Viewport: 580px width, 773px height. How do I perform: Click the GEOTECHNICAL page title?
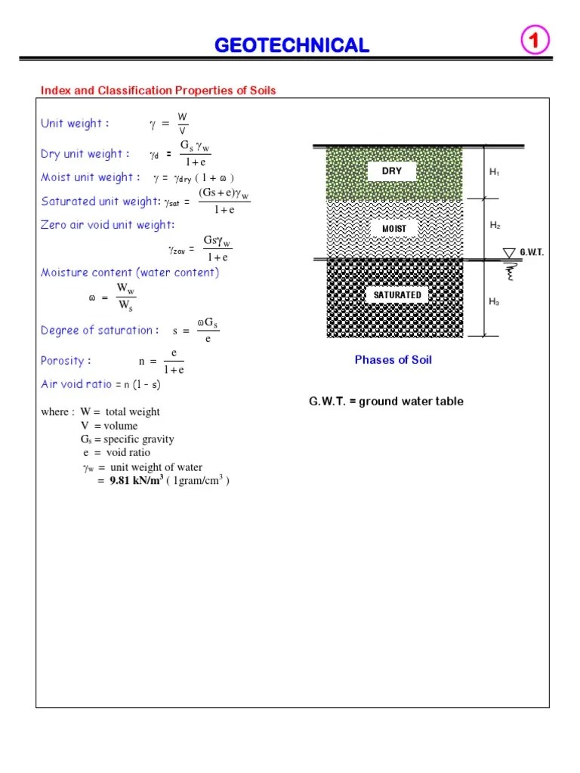292,45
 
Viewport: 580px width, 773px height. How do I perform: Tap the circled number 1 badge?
534,42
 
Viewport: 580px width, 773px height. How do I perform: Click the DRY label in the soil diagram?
392,171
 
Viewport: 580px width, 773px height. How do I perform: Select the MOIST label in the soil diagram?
393,228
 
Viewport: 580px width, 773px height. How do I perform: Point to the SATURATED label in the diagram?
397,294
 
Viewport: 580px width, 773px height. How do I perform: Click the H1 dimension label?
494,172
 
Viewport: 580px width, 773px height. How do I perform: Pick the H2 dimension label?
495,225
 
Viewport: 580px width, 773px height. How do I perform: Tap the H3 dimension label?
494,302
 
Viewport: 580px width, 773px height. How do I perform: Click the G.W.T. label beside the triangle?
532,253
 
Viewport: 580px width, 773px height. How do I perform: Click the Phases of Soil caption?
393,360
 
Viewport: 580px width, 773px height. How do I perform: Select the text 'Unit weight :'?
75,123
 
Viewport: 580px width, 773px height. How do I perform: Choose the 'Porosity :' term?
62,361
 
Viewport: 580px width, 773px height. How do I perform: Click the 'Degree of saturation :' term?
100,330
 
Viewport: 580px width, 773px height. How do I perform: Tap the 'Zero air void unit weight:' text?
107,225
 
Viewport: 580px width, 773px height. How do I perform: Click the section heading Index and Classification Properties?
159,91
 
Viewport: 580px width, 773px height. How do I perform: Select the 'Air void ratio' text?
76,384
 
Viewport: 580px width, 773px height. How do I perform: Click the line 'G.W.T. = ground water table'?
386,401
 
